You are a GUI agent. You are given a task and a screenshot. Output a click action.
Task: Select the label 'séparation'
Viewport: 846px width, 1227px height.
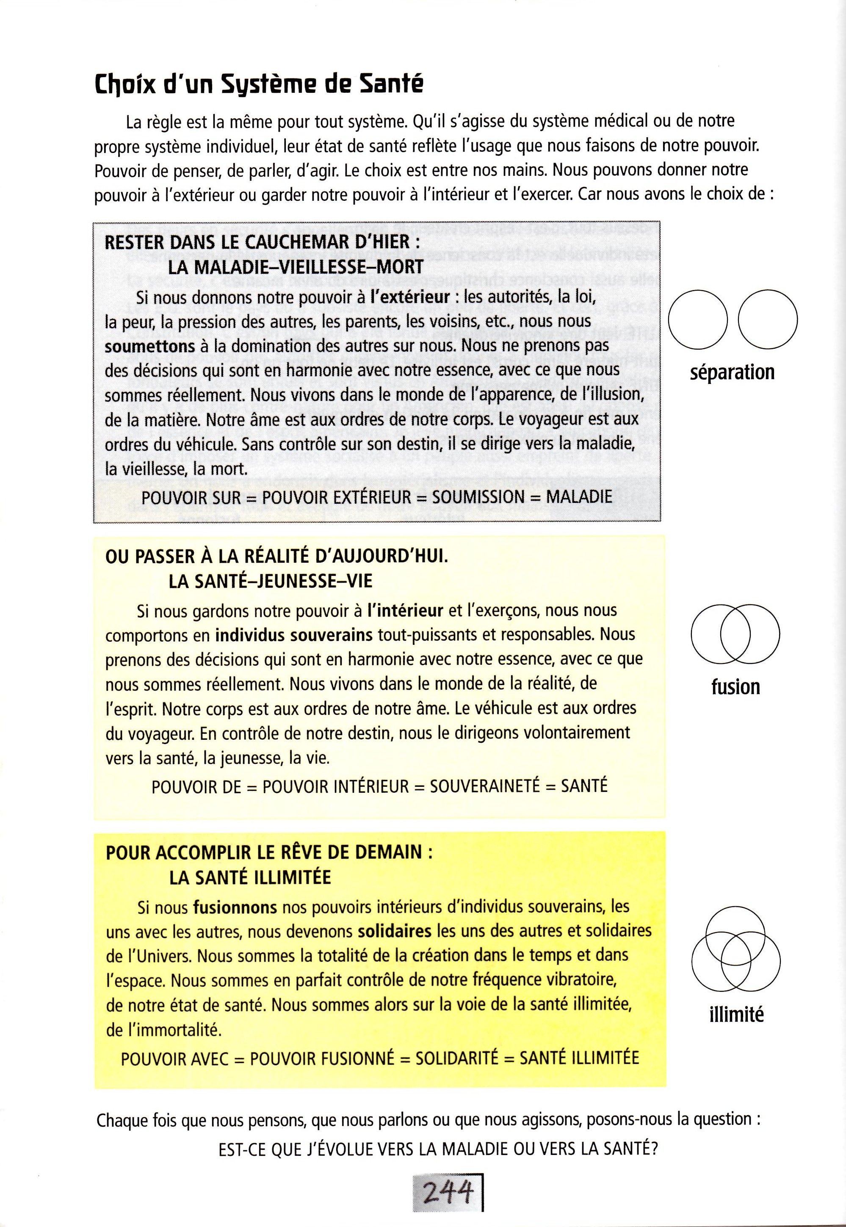(x=732, y=372)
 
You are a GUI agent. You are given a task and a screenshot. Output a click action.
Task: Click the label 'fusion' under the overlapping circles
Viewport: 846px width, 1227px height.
(x=735, y=686)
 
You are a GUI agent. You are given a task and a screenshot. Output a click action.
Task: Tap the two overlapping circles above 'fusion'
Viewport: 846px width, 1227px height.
(x=735, y=634)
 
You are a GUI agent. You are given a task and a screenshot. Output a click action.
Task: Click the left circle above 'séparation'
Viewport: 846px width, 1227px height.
(x=699, y=319)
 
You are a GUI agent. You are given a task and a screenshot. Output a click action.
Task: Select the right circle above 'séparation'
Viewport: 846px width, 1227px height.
(x=768, y=319)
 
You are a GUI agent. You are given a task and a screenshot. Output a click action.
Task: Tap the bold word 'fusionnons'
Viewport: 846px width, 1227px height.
(x=235, y=907)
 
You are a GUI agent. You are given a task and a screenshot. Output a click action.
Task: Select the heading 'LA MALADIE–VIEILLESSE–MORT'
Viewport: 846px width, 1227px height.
(x=295, y=267)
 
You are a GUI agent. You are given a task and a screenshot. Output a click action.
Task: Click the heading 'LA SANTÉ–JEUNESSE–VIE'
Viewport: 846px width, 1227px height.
(x=270, y=581)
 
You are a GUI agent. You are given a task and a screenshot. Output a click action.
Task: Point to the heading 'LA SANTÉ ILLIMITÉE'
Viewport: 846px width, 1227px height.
(x=250, y=877)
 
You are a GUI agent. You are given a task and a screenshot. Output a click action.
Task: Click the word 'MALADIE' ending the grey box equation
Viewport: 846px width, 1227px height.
(x=579, y=497)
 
